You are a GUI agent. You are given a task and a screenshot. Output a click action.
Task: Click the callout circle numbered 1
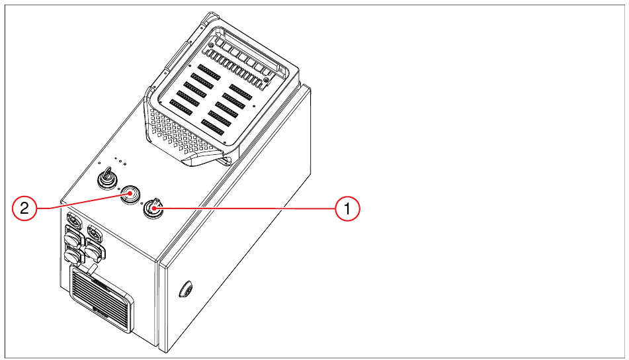pos(347,208)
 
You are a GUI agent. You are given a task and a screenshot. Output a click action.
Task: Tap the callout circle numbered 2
pos(24,208)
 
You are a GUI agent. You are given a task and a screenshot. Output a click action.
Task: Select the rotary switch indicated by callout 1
pos(152,208)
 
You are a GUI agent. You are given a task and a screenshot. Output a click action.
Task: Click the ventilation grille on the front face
pos(102,298)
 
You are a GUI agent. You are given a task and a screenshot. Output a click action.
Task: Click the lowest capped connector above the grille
pos(72,255)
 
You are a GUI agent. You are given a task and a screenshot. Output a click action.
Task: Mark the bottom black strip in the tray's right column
pos(212,127)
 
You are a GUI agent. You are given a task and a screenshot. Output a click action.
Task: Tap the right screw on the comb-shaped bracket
pos(266,80)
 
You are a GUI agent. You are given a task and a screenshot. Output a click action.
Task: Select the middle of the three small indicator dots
pos(120,161)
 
